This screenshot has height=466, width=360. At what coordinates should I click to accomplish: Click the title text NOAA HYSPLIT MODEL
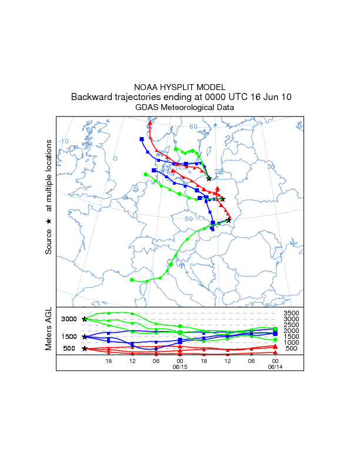[180, 87]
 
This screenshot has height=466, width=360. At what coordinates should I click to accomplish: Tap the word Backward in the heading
[92, 97]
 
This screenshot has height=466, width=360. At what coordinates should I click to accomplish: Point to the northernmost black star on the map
[209, 179]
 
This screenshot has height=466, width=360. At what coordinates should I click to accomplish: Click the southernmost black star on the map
[228, 220]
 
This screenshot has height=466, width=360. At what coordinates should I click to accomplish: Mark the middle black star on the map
[223, 199]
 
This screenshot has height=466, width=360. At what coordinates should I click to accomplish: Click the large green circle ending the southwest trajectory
[132, 279]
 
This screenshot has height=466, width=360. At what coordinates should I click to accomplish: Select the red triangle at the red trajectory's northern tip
[151, 123]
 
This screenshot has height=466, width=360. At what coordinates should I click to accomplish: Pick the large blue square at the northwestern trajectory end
[142, 139]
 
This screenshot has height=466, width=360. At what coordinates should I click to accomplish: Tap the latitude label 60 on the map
[194, 127]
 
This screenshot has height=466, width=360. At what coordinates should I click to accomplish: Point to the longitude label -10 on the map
[64, 142]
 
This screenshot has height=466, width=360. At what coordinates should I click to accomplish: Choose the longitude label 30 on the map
[271, 167]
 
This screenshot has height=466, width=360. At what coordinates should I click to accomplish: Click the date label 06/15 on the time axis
[179, 366]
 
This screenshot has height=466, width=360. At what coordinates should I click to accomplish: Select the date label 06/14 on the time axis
[275, 366]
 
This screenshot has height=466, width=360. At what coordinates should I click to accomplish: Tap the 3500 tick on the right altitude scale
[292, 313]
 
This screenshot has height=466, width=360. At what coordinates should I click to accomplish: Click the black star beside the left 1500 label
[85, 337]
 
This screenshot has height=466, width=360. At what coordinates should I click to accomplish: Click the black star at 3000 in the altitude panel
[85, 319]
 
